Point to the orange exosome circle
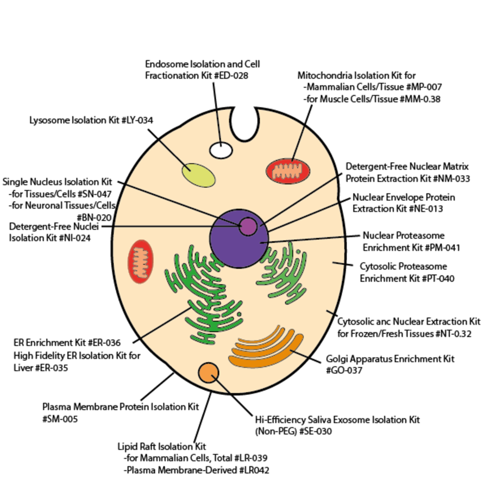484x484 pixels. click(209, 373)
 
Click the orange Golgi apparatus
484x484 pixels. click(266, 350)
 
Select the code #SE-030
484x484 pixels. click(312, 431)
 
